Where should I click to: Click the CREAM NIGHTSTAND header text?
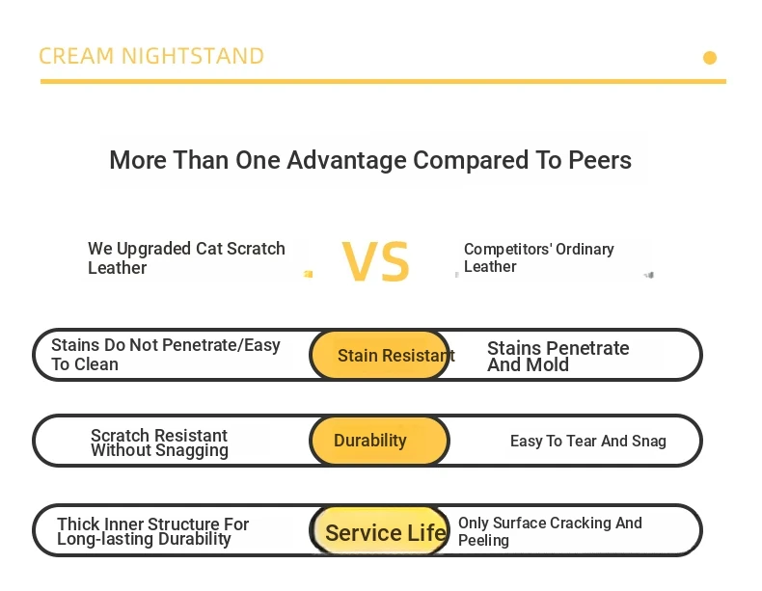click(151, 56)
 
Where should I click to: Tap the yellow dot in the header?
click(710, 58)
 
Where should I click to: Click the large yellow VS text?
click(375, 261)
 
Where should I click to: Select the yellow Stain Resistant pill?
click(379, 355)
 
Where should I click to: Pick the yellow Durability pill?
click(379, 441)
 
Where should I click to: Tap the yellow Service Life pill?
click(379, 530)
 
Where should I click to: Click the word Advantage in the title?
click(346, 160)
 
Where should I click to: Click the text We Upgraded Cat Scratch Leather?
click(186, 257)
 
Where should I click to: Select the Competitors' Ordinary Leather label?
click(538, 257)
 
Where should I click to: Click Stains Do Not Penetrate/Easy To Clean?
click(166, 355)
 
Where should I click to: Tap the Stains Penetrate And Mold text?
click(558, 356)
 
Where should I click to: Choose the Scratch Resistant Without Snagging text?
click(159, 443)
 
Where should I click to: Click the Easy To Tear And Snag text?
click(588, 441)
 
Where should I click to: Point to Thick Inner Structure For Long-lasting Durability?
click(153, 531)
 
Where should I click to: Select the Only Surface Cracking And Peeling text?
click(550, 531)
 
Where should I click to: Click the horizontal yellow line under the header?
click(384, 82)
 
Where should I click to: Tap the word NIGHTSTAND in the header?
click(193, 56)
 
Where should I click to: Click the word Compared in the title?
click(471, 160)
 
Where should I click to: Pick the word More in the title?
click(138, 160)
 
